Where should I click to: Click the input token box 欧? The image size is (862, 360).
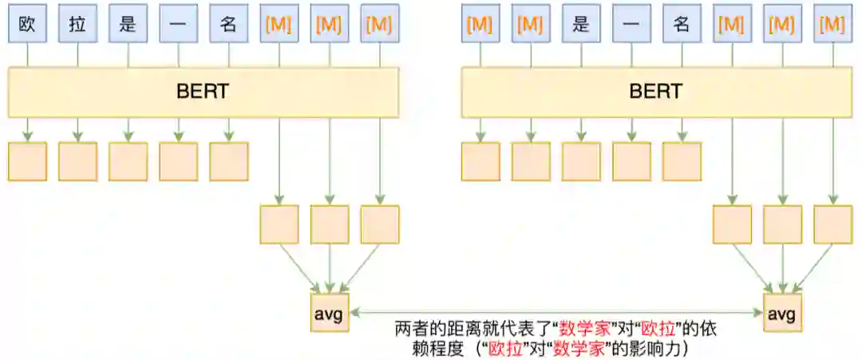(x=28, y=24)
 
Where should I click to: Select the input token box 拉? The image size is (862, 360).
(x=78, y=24)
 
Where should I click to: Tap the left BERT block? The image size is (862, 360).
(x=203, y=92)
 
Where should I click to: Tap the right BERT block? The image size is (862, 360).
(x=656, y=92)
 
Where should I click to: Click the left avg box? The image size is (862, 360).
(x=329, y=313)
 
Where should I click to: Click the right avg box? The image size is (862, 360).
(x=782, y=313)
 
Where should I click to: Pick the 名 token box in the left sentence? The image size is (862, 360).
(x=229, y=24)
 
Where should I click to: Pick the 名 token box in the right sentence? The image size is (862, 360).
(x=682, y=24)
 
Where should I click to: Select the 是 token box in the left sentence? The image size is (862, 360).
(x=129, y=24)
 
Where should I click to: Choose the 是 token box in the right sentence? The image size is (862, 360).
(x=581, y=24)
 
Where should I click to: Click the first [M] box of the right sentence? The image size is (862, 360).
(x=480, y=24)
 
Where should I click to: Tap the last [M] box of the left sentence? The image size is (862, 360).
(x=380, y=24)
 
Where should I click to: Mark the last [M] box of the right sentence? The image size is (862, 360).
(x=832, y=24)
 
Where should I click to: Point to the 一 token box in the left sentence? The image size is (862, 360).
(x=179, y=24)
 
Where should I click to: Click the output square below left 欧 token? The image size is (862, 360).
(x=28, y=161)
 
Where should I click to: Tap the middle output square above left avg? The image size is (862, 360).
(x=330, y=224)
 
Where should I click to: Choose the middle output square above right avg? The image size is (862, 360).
(x=782, y=224)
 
